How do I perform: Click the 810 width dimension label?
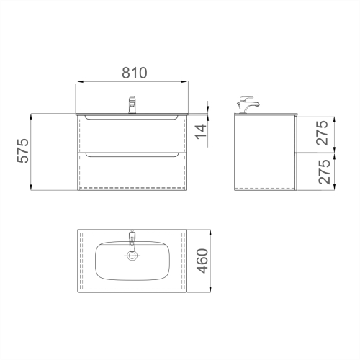135,73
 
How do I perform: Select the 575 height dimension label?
23,150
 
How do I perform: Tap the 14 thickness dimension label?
201,131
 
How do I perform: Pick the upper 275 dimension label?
322,132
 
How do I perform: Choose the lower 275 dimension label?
324,172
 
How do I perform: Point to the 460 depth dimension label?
202,261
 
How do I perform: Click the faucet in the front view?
132,104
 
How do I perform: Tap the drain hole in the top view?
132,256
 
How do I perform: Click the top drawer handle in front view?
131,117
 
